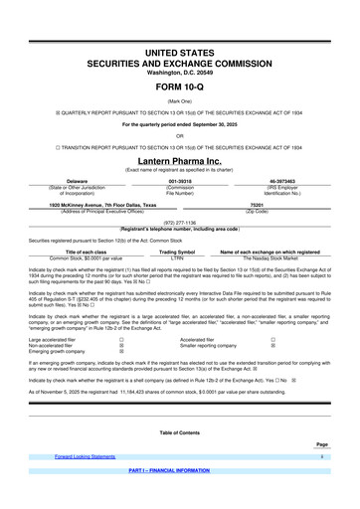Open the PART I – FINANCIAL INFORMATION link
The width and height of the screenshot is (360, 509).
tap(179, 500)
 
